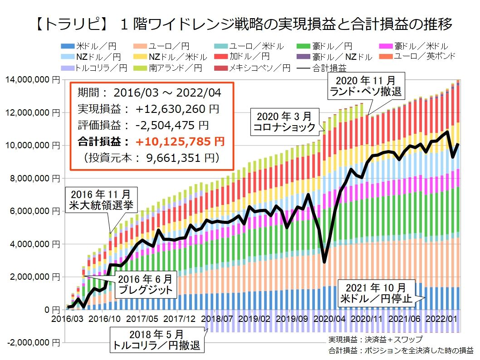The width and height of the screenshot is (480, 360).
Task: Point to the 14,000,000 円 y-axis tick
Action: click(x=30, y=80)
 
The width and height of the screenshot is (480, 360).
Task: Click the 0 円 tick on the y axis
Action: click(x=51, y=310)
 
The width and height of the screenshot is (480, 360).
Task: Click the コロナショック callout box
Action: click(x=285, y=121)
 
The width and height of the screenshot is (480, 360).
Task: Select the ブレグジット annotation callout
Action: click(x=143, y=284)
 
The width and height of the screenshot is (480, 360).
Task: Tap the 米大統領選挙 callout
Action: click(x=102, y=199)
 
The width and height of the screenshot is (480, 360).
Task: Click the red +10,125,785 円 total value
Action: click(x=181, y=142)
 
